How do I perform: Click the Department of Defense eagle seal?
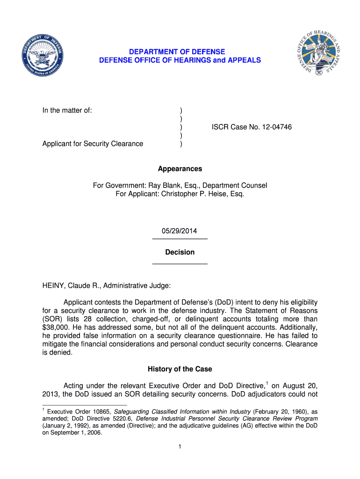coord(43,56)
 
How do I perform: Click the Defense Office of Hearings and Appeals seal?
coord(318,55)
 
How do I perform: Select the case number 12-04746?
coord(275,127)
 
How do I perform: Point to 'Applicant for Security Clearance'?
coord(93,144)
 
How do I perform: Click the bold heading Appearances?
coord(180,169)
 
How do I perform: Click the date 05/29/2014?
coord(180,231)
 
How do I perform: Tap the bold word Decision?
coord(180,252)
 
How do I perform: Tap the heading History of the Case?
coord(180,369)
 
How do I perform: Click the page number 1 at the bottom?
coord(180,447)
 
